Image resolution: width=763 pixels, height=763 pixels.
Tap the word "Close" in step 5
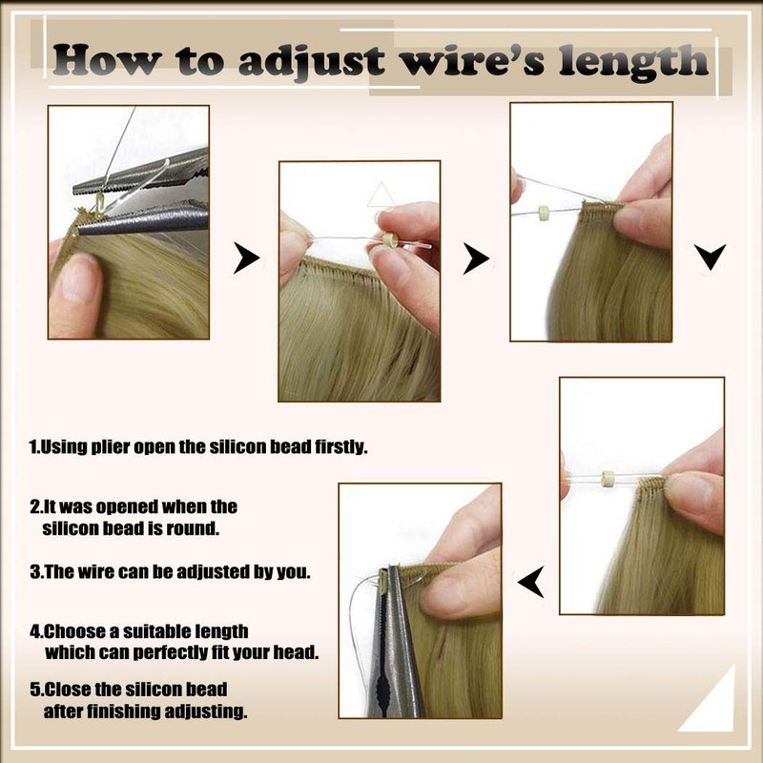point(66,690)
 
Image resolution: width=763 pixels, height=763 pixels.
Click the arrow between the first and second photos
point(246,258)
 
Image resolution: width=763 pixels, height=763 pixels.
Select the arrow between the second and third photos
point(475,258)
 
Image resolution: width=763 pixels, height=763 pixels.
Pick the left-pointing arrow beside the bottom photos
point(531,582)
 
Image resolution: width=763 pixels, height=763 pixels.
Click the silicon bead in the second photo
point(389,240)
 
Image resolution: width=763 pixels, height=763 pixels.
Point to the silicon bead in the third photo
point(542,213)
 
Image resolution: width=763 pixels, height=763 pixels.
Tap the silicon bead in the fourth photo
point(607,479)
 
